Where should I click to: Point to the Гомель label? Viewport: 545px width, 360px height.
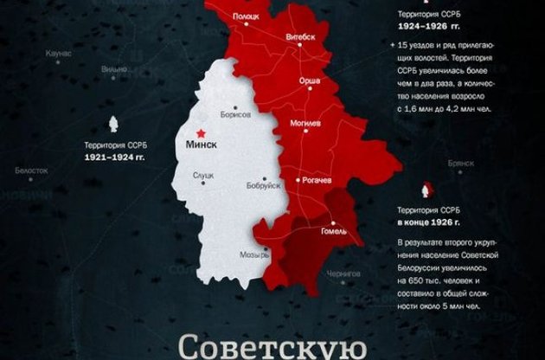tap(333, 231)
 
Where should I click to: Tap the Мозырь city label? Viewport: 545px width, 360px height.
tap(252, 257)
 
